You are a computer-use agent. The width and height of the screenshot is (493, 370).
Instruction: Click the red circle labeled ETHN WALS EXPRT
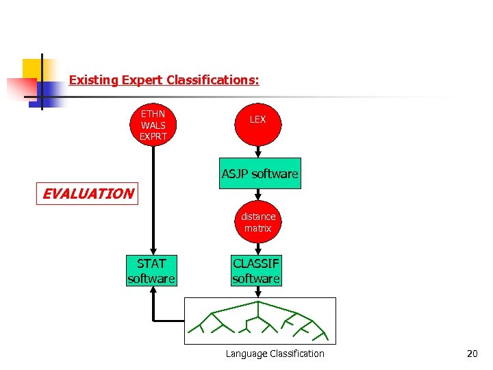(153, 125)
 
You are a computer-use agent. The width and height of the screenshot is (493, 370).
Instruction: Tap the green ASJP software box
(260, 174)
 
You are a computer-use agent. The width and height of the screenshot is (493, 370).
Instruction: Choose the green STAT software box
(151, 270)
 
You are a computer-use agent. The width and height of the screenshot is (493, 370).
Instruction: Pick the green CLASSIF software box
(256, 270)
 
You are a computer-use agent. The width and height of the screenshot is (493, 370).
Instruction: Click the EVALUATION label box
(88, 193)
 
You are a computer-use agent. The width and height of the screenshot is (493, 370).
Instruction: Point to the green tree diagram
(260, 321)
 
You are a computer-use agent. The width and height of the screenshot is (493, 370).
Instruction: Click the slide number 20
(472, 354)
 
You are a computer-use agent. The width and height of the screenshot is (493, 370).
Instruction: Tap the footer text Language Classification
(275, 354)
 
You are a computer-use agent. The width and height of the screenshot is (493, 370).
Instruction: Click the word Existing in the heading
(94, 80)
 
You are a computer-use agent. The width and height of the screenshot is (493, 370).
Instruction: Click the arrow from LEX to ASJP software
(259, 152)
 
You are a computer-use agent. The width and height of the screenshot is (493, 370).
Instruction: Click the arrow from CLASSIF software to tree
(258, 292)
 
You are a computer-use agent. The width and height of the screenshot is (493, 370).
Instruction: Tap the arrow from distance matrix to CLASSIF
(258, 249)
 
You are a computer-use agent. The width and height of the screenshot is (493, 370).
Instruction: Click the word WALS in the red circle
(153, 125)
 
